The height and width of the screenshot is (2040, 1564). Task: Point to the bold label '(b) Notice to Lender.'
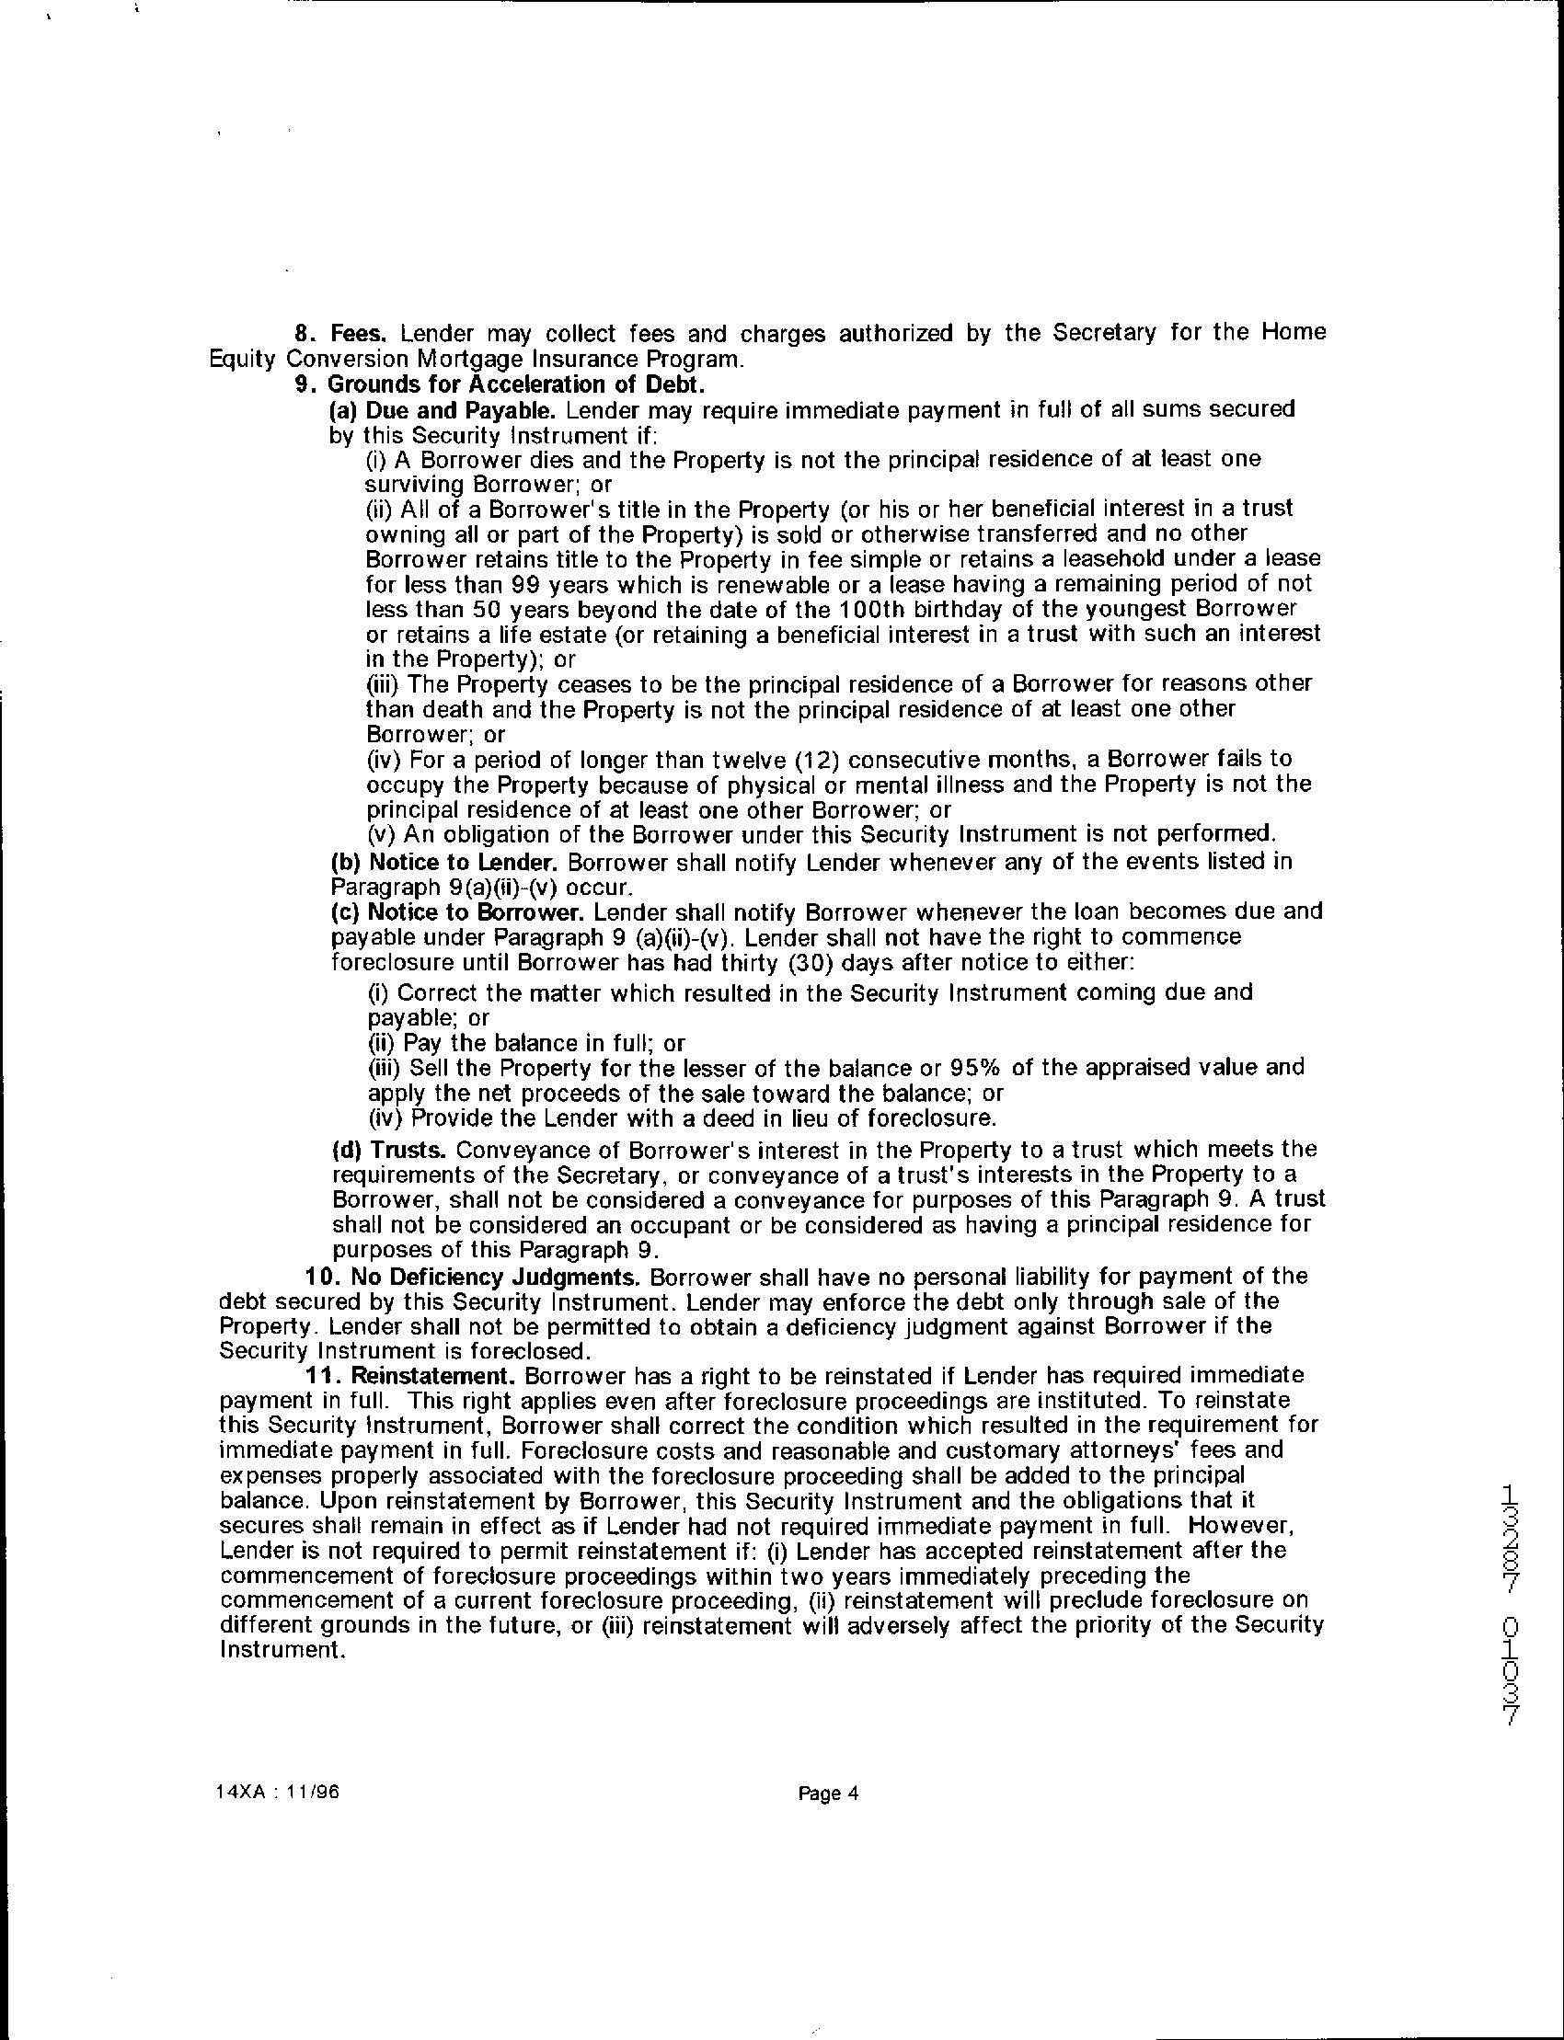445,861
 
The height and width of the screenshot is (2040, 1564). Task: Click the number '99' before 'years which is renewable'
530,584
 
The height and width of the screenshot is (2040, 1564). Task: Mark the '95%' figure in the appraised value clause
973,1067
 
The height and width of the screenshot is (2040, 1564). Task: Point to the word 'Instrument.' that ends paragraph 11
277,1651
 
